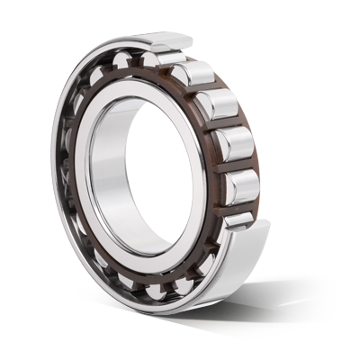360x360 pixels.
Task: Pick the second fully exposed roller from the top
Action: point(219,107)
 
